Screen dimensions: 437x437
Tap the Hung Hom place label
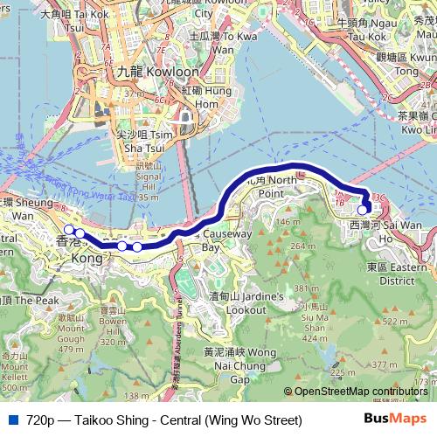point(206,97)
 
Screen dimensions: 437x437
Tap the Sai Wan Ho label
point(398,225)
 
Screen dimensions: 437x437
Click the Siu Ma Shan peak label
point(313,326)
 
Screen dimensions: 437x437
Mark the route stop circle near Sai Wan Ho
point(363,209)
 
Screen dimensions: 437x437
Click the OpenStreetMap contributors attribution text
point(359,392)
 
